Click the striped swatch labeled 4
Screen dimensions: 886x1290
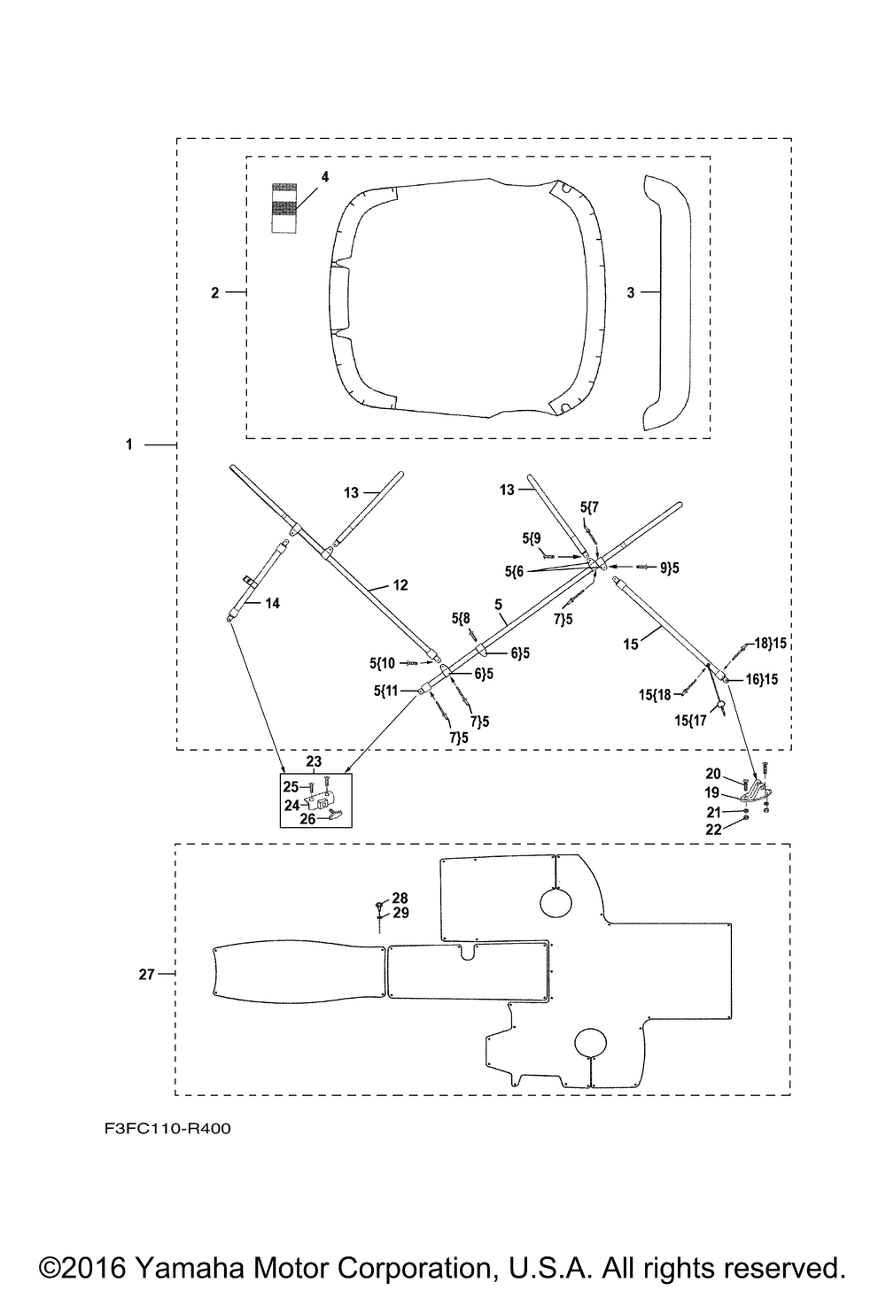284,208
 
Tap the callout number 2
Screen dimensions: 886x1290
215,292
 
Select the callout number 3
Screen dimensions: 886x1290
631,292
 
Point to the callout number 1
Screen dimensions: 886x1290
129,444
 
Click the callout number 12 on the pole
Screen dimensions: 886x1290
400,585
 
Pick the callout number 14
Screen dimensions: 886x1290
272,603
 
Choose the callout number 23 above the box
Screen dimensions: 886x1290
315,761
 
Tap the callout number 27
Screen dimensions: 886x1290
147,975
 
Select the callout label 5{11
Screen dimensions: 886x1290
385,690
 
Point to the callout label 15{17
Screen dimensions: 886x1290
690,721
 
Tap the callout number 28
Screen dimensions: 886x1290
400,898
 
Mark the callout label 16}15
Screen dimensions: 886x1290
761,679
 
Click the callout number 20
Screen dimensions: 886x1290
713,775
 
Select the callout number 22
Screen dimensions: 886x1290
713,830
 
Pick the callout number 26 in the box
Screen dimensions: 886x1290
307,818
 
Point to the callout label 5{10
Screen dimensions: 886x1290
382,663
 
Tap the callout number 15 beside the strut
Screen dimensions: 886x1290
631,644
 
